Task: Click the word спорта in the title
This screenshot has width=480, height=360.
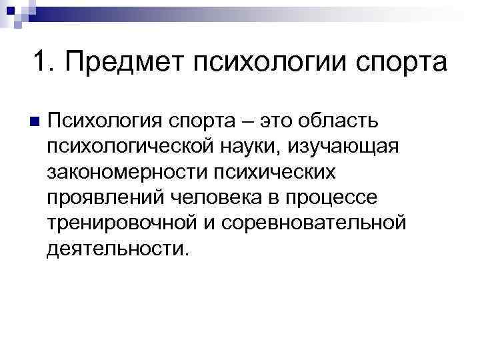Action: [x=401, y=65]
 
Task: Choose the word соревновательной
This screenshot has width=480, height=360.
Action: [x=312, y=223]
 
